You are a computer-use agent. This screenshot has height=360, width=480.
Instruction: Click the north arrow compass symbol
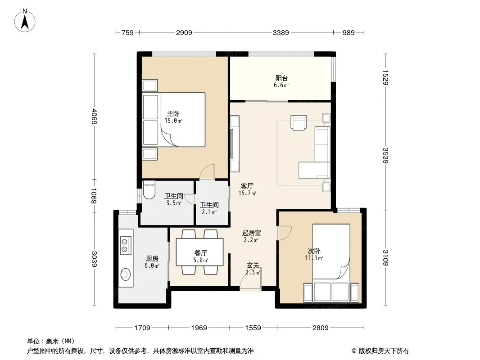[25, 21]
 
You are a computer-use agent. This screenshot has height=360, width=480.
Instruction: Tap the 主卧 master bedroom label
[173, 114]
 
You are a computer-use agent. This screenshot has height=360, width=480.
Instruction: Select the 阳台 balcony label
[281, 78]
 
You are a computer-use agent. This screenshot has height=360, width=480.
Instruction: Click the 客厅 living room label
[247, 186]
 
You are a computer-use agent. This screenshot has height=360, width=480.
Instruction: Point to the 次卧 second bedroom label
[314, 251]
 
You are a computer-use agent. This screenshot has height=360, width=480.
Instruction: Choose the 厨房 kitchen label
[152, 259]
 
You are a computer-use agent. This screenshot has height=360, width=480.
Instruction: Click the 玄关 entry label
[253, 265]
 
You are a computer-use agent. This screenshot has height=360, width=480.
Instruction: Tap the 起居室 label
[251, 233]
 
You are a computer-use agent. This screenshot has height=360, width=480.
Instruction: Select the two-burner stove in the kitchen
[126, 245]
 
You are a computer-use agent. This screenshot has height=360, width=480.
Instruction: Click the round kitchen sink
[125, 274]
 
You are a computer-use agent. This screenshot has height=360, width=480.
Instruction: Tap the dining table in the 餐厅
[199, 252]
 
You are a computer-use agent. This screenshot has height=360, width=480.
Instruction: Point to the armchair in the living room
[299, 123]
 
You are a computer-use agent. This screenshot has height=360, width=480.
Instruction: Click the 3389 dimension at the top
[281, 32]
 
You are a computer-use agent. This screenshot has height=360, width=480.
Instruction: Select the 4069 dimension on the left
[94, 117]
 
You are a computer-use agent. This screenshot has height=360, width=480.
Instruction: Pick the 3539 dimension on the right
[385, 155]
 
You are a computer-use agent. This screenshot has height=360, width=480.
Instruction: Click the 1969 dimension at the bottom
[199, 328]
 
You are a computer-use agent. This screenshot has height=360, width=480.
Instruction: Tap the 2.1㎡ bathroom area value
[209, 212]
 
